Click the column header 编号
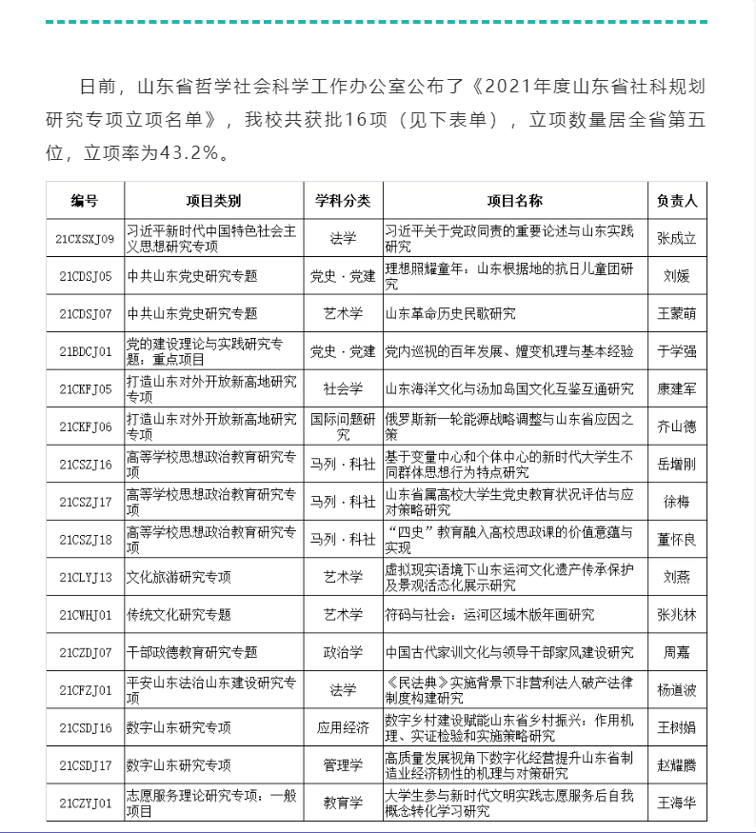click(x=85, y=201)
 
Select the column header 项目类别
click(x=213, y=201)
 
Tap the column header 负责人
click(x=677, y=201)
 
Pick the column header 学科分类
click(x=343, y=201)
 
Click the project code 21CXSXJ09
click(x=85, y=238)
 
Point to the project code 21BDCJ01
click(x=85, y=351)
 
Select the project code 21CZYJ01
click(x=85, y=803)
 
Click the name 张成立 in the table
click(x=677, y=238)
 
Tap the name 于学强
click(x=677, y=351)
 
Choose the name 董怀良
click(x=677, y=540)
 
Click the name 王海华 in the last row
click(x=677, y=803)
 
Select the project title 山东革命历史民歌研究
click(x=449, y=313)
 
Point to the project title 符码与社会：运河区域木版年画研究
click(x=488, y=615)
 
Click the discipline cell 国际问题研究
click(x=343, y=426)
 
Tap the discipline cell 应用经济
click(x=343, y=728)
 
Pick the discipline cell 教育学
click(x=343, y=803)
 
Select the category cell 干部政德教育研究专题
click(x=192, y=653)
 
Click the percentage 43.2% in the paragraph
click(x=189, y=152)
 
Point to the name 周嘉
click(x=677, y=653)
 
